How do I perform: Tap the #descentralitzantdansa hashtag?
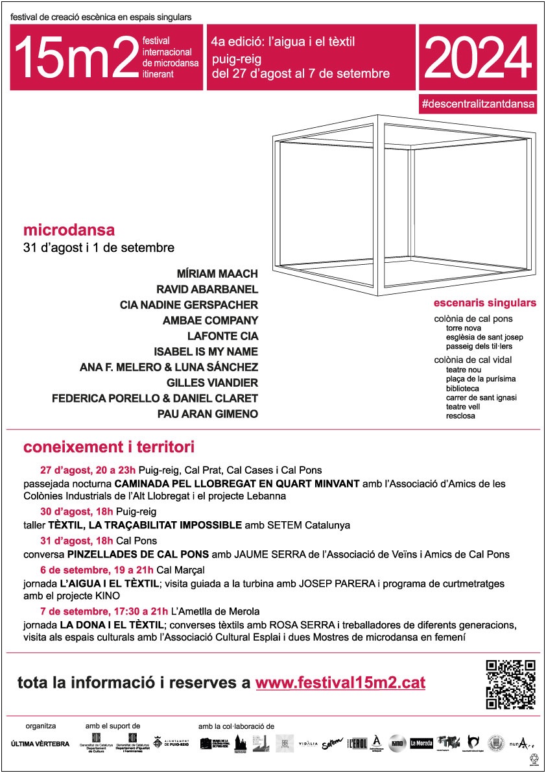pos(478,103)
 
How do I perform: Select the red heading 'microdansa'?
pos(69,230)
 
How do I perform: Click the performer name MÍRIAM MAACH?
pos(217,274)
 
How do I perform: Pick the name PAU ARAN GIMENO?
pos(207,414)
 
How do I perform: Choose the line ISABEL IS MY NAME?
pos(206,352)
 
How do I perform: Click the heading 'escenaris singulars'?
pos(485,303)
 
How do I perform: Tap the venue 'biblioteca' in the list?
pos(462,388)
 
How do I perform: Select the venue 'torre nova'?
pos(463,328)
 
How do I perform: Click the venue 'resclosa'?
pos(460,415)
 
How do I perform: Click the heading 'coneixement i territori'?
pos(109,448)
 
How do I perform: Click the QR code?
pos(510,684)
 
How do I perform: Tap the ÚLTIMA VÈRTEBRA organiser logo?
pos(40,744)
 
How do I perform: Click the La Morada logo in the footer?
pos(421,744)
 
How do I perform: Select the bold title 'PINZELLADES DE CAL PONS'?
pos(137,554)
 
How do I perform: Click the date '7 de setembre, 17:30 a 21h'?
pos(104,611)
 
